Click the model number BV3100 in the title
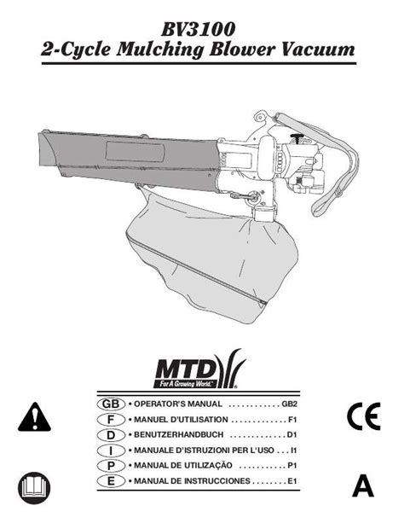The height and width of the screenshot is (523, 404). point(198,29)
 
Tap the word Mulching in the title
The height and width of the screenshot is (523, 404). point(160,50)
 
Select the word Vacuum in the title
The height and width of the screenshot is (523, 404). point(318,49)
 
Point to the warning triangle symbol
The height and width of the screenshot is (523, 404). point(34,417)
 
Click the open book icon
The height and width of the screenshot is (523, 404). point(34,488)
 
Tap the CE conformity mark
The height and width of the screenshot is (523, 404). point(364,416)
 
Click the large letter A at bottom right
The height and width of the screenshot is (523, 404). point(363,486)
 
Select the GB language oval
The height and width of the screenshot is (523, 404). point(111,404)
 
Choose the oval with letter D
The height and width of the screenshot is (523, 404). point(111,435)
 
